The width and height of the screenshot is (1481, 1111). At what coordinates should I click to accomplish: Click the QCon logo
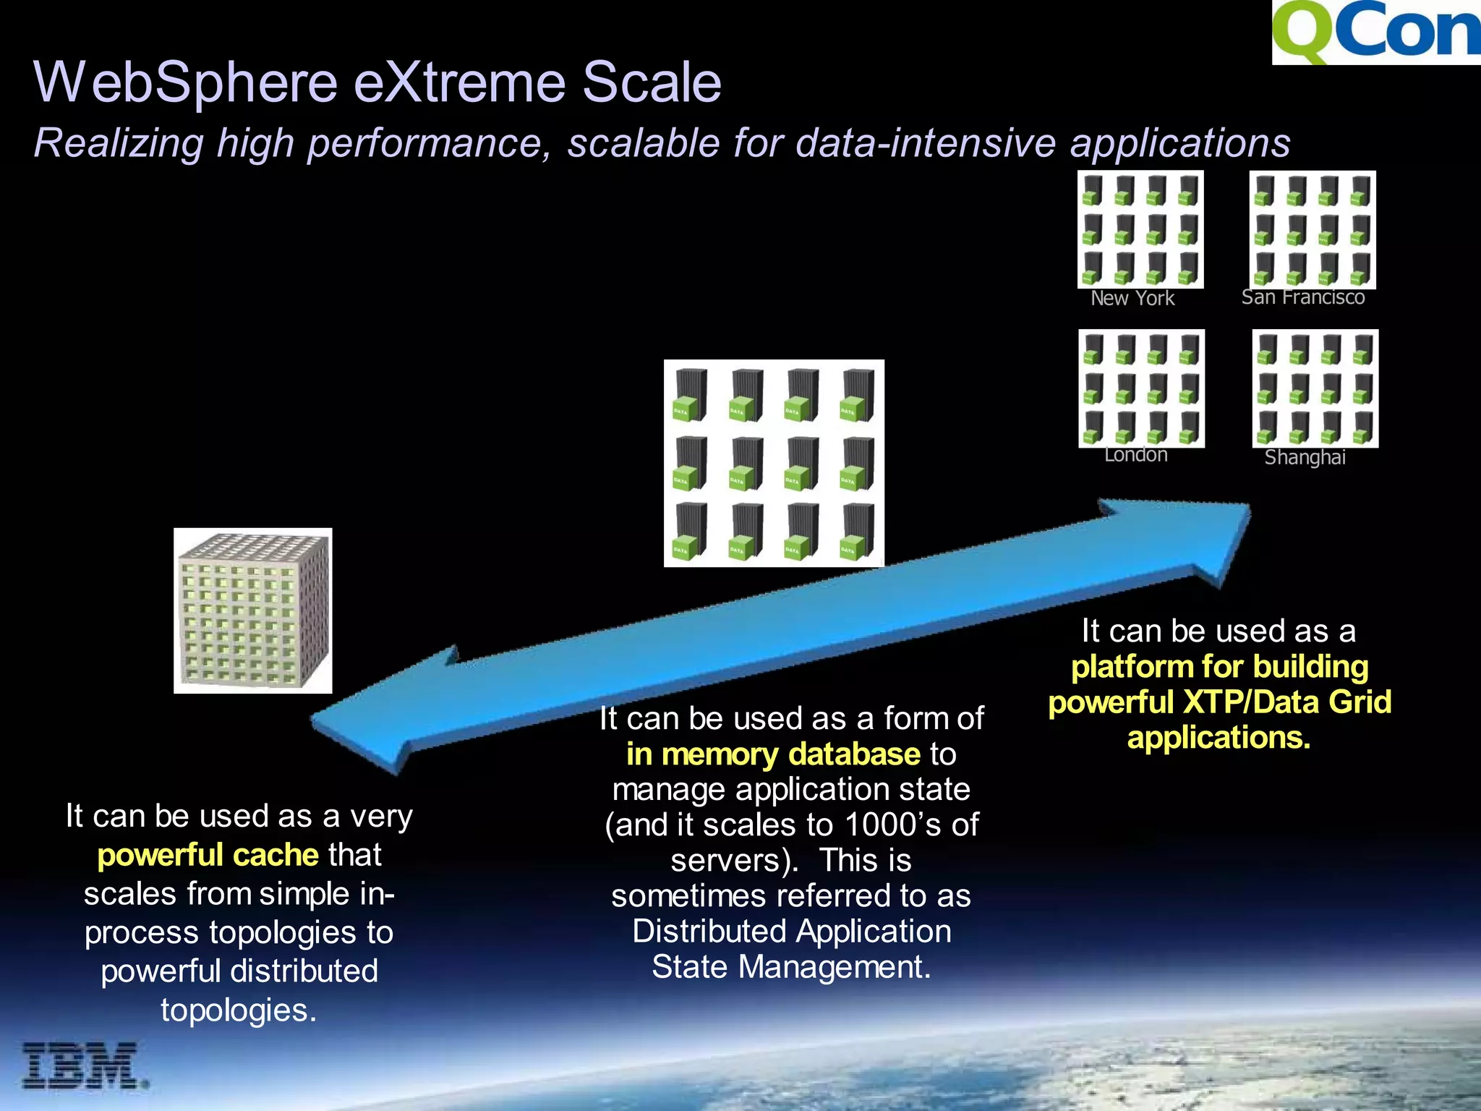(1376, 32)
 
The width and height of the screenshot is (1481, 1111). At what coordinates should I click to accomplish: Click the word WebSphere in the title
(186, 82)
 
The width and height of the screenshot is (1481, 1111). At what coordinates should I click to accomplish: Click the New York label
(1132, 298)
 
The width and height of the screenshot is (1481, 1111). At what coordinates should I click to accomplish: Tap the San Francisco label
(1303, 297)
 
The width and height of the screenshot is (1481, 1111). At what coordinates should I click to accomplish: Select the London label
(1135, 455)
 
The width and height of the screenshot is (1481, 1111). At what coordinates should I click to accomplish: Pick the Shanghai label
(1305, 457)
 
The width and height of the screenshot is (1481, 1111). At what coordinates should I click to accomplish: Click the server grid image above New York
(1140, 229)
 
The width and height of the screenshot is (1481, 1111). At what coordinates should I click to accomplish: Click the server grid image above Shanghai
(1315, 388)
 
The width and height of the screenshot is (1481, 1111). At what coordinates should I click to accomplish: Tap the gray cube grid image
(252, 610)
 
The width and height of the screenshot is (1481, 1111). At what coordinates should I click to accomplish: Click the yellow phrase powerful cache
(208, 855)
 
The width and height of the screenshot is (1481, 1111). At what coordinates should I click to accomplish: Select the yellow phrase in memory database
(773, 754)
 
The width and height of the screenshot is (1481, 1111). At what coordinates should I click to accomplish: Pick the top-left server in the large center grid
(691, 395)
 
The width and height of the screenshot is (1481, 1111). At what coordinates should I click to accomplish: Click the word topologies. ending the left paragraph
(239, 1010)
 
